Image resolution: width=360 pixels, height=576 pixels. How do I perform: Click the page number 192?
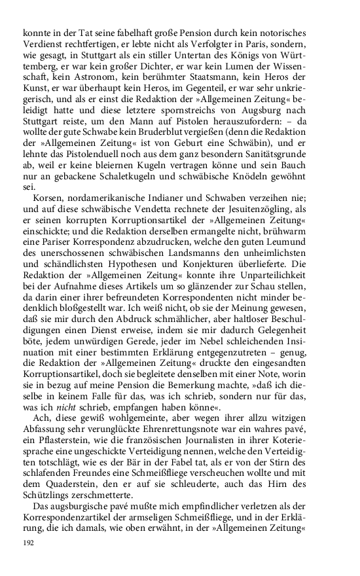coord(28,543)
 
